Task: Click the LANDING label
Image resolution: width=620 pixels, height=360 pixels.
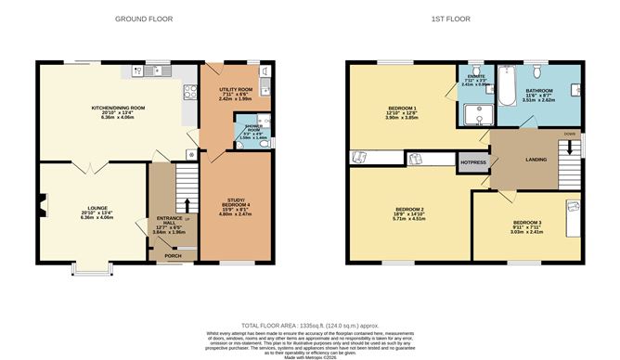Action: point(537,159)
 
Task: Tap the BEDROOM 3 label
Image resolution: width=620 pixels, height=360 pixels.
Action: point(527,223)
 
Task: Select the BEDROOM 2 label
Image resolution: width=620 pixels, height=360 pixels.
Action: point(409,210)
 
